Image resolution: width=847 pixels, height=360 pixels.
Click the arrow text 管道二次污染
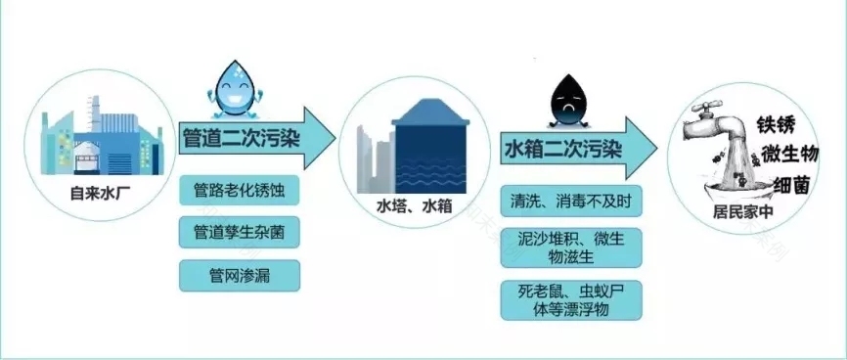242,141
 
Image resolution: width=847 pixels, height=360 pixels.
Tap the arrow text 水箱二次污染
562,149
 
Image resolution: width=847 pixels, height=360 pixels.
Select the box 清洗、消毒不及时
571,201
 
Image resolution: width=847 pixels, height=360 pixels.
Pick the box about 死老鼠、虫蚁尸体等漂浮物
571,300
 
